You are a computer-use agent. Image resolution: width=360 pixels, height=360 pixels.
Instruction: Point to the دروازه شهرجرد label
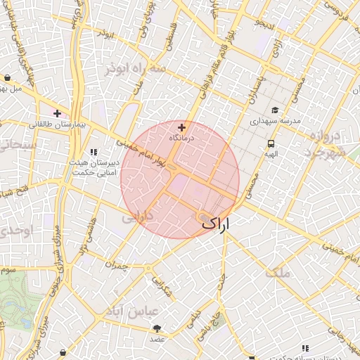point(325,143)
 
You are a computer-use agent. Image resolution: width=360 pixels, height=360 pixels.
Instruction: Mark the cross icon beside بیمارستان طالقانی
point(57,112)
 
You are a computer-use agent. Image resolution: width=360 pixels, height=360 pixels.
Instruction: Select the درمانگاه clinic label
point(181,139)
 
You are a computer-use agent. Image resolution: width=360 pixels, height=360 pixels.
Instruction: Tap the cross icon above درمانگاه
point(182,127)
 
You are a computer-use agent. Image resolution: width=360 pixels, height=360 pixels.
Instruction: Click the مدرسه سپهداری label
point(276,121)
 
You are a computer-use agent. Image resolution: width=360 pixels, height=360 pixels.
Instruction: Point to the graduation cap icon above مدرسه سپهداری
point(275,110)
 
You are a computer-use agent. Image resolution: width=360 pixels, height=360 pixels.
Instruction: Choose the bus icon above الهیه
point(271,143)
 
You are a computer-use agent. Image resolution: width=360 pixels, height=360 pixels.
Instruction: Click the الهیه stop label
point(271,154)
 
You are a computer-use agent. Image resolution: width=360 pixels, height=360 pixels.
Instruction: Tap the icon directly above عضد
point(156,328)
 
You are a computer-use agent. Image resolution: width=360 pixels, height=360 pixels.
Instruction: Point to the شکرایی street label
point(161,284)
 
